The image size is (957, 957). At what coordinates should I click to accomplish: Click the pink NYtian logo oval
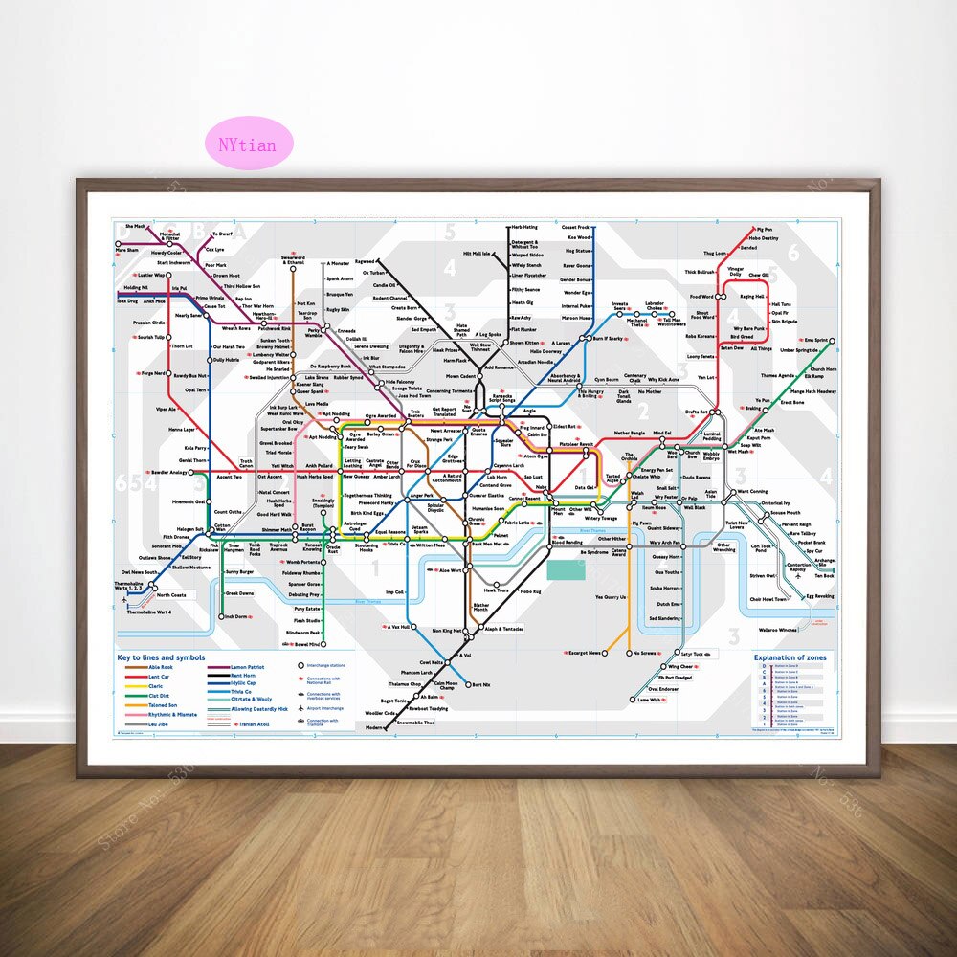246,145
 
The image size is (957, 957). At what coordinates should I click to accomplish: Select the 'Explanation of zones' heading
790,658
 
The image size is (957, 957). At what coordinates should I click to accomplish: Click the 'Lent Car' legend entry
158,676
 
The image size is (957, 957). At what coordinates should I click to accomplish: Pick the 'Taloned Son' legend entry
162,704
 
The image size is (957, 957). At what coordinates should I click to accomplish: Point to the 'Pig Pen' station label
763,230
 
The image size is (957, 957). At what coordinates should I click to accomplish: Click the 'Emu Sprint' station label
815,340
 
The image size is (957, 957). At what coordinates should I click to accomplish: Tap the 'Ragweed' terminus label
365,260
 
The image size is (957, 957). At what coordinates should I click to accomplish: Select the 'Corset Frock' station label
576,228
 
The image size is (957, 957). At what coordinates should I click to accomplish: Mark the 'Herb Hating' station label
524,228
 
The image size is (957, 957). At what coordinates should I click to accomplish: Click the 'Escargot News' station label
583,653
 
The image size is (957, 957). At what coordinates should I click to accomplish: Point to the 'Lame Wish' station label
649,700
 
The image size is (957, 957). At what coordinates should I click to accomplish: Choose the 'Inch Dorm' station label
235,617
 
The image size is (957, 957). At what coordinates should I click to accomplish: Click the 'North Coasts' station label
172,595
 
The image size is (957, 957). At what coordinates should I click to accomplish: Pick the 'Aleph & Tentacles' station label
504,629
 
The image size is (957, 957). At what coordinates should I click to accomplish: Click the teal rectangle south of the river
566,569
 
